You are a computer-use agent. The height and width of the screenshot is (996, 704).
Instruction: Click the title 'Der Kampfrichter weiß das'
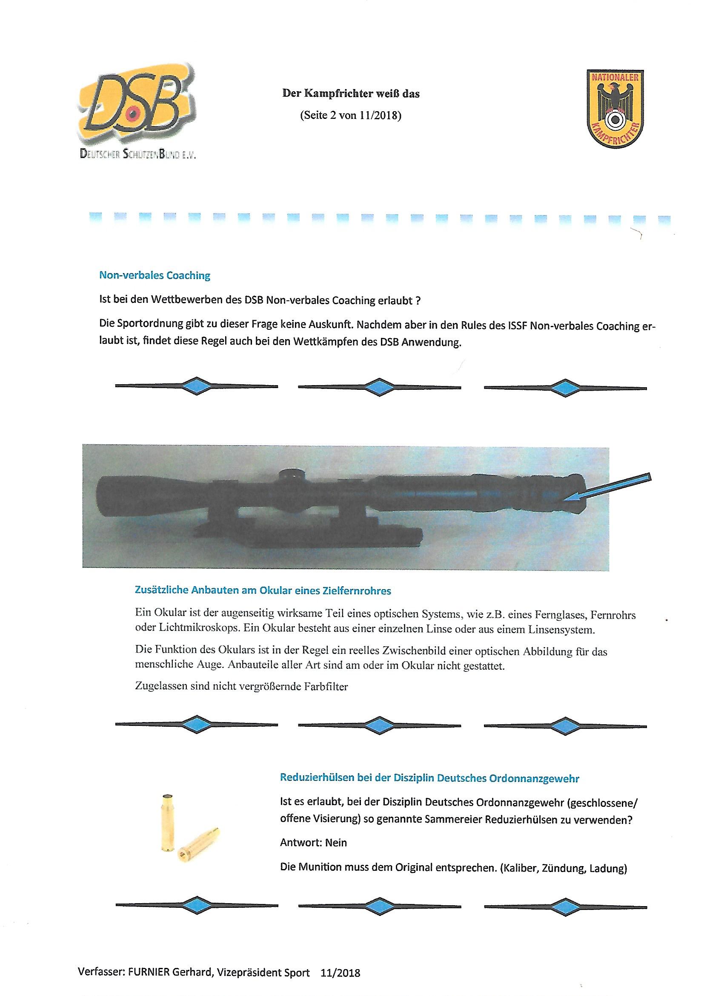coord(351,93)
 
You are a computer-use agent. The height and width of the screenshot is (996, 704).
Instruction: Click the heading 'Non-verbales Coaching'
coord(155,276)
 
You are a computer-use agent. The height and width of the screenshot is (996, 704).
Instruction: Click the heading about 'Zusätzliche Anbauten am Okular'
coord(263,590)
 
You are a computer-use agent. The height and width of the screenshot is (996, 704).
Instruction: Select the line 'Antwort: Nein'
coord(313,843)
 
